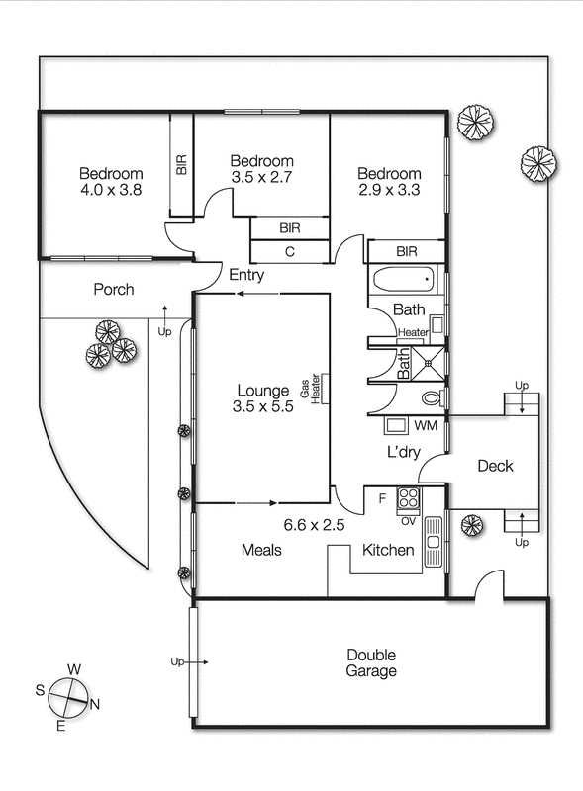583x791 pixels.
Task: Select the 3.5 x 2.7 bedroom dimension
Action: (261, 178)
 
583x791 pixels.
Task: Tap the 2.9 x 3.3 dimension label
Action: (389, 190)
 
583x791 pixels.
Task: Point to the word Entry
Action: (246, 275)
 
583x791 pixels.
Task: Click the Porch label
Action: (114, 290)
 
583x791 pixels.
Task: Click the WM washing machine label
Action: (425, 426)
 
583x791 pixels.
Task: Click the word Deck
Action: (495, 466)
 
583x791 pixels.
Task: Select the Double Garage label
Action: (371, 662)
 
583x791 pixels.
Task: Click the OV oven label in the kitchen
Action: (408, 520)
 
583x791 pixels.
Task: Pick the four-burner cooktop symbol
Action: (408, 497)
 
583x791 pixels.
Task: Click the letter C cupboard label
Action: (289, 251)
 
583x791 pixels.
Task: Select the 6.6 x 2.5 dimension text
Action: (314, 525)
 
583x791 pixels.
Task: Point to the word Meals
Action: (262, 550)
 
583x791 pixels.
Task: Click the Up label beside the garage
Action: (178, 660)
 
